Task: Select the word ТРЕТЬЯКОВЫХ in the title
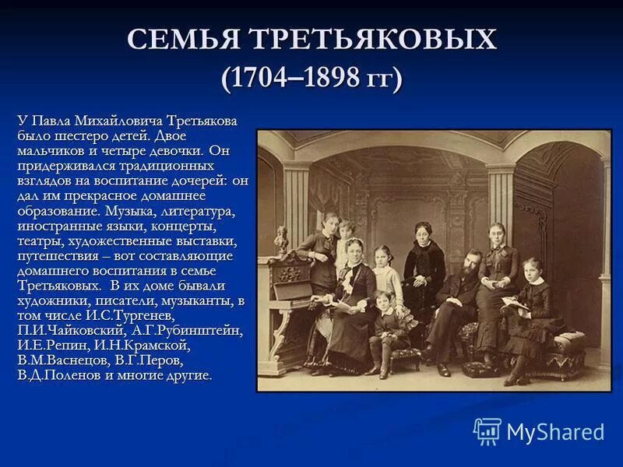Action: (372, 40)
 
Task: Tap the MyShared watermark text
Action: (555, 432)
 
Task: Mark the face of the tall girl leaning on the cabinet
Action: (331, 222)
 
